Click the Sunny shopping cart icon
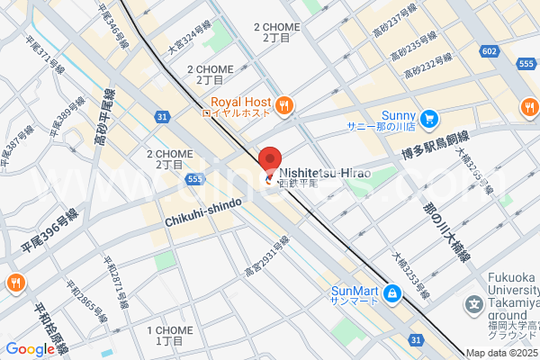click(429, 117)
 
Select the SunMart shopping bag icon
click(392, 293)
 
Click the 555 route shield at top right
click(526, 64)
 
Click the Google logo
click(29, 349)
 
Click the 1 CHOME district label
click(169, 336)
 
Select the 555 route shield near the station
click(195, 180)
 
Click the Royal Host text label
click(239, 102)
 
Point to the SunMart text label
click(354, 291)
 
